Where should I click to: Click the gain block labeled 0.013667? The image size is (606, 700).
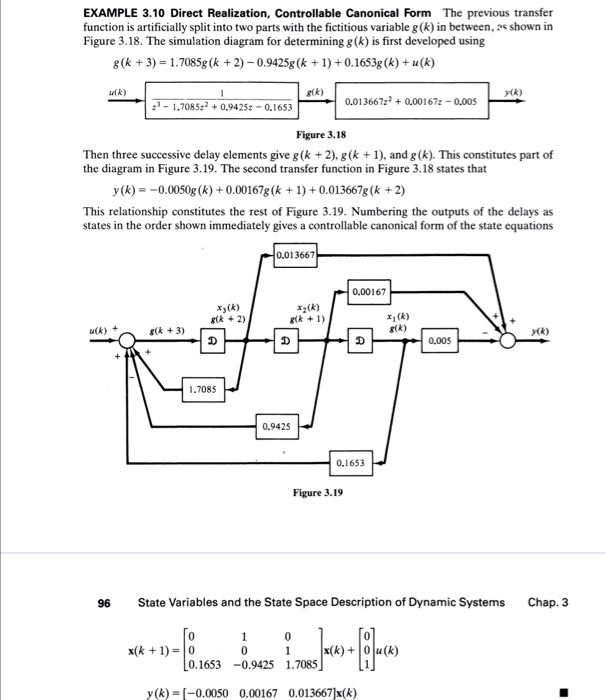pyautogui.click(x=297, y=256)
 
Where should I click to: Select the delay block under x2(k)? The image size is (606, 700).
pyautogui.click(x=285, y=340)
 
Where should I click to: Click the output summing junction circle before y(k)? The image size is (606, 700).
pyautogui.click(x=508, y=340)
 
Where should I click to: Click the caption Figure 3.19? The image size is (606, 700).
pyautogui.click(x=318, y=492)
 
